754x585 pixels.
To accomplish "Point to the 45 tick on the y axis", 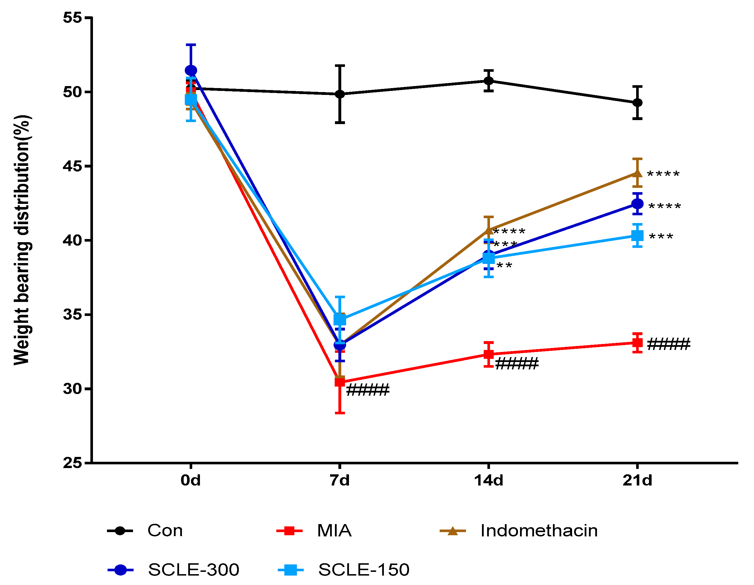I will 72,166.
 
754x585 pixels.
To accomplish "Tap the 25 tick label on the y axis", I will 72,463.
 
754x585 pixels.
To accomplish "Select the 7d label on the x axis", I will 340,480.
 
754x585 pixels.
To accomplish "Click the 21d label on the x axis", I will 637,480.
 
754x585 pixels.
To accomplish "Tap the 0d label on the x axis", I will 191,480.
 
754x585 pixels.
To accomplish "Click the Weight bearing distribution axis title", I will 22,240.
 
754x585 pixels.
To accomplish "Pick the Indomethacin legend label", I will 539,530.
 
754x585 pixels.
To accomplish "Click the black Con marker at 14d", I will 489,81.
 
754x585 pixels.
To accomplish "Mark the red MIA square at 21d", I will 637,343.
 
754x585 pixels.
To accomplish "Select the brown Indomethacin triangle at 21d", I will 637,173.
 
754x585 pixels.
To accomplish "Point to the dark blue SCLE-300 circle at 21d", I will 637,204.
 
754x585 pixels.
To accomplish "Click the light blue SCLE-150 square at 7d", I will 340,319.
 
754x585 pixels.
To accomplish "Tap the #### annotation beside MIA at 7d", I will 368,390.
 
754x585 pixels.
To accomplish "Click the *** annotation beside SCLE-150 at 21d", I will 661,237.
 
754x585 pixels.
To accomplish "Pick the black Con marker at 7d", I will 340,94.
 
